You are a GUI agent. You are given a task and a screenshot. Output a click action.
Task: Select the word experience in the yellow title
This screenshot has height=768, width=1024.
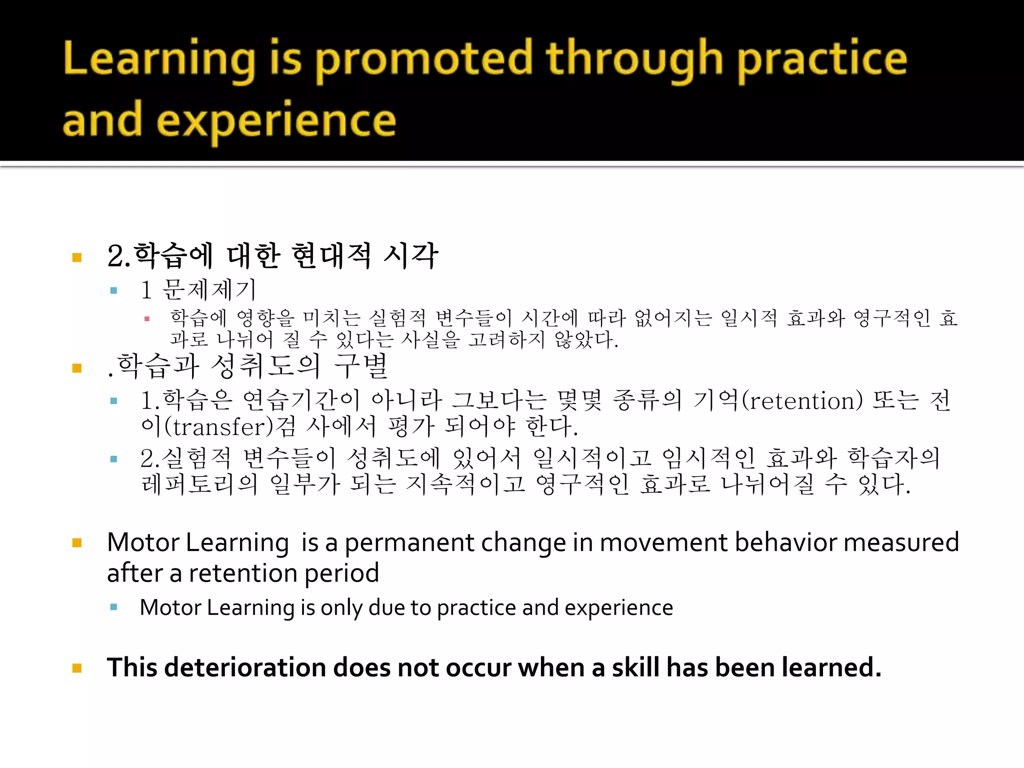coord(276,122)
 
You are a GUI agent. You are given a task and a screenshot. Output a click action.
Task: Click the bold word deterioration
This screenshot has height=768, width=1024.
coord(244,668)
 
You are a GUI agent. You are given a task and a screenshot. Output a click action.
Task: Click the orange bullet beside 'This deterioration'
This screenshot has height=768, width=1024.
coord(77,668)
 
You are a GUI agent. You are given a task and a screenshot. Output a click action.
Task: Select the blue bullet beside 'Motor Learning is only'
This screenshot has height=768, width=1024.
coord(114,607)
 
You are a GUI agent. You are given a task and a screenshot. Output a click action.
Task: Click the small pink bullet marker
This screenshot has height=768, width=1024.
coord(147,318)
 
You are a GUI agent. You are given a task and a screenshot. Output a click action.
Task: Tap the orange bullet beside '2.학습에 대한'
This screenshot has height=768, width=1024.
coord(77,258)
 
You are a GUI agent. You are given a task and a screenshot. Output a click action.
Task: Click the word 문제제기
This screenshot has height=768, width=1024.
coord(209,290)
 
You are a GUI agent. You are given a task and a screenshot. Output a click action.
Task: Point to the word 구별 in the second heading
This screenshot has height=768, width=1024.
coord(361,366)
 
